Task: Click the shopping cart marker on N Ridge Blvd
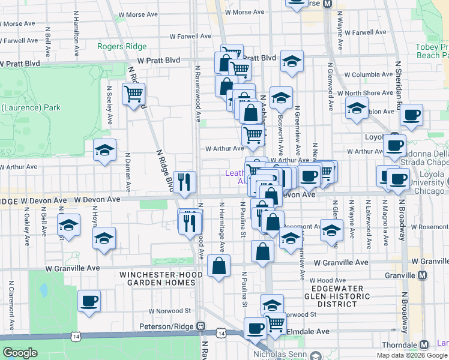click(133, 94)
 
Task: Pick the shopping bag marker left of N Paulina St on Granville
click(219, 266)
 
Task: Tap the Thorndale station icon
click(424, 345)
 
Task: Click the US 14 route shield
click(221, 332)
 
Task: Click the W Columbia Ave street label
click(368, 75)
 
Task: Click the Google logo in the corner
click(20, 353)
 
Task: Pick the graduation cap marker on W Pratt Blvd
click(292, 61)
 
